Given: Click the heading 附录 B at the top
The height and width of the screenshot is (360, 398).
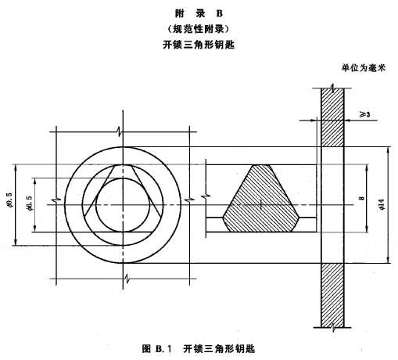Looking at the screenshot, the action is [x=199, y=13].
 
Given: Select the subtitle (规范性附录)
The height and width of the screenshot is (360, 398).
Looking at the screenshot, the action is [x=199, y=29].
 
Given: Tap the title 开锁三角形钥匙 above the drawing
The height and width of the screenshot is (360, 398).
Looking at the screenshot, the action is [x=199, y=45].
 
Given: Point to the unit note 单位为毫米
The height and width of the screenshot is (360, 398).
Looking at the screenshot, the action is [x=364, y=68].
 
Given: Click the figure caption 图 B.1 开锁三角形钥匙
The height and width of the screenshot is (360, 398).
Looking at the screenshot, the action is [x=199, y=348].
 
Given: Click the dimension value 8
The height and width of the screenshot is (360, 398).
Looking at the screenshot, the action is [x=361, y=198].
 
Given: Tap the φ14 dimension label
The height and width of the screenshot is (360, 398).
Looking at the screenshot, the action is [x=382, y=204].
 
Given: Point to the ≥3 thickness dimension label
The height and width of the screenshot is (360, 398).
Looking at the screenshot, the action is [x=364, y=114].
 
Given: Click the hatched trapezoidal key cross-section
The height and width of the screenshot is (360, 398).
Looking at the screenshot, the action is [x=260, y=198].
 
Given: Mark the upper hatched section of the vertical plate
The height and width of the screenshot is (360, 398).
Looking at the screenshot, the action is [x=332, y=117].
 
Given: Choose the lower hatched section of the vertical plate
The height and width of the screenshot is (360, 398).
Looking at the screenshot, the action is [x=332, y=295].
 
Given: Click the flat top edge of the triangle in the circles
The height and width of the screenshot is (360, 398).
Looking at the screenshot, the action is [x=123, y=165].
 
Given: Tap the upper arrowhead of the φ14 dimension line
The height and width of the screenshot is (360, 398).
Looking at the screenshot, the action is [x=389, y=151].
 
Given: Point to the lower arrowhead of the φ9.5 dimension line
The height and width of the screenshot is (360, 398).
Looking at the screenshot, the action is [x=16, y=241].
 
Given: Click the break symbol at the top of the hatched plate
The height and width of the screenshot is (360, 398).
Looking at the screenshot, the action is [x=332, y=88].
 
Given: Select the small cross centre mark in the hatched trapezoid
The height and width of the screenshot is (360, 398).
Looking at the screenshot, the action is [x=261, y=204].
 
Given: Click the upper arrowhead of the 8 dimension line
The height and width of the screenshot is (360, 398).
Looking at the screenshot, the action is [x=367, y=168].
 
